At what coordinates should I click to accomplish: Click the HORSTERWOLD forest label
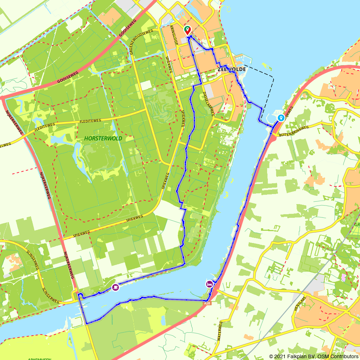click(104, 138)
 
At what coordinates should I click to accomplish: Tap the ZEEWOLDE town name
click(231, 69)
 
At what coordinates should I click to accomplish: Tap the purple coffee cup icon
click(115, 287)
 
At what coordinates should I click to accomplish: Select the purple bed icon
click(209, 284)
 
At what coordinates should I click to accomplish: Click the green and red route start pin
click(187, 30)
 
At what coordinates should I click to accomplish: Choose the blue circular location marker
click(280, 118)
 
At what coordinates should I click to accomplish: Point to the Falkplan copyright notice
click(313, 356)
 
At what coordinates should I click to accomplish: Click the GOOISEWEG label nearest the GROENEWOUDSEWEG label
click(123, 34)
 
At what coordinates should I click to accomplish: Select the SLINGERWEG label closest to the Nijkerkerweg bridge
click(51, 295)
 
